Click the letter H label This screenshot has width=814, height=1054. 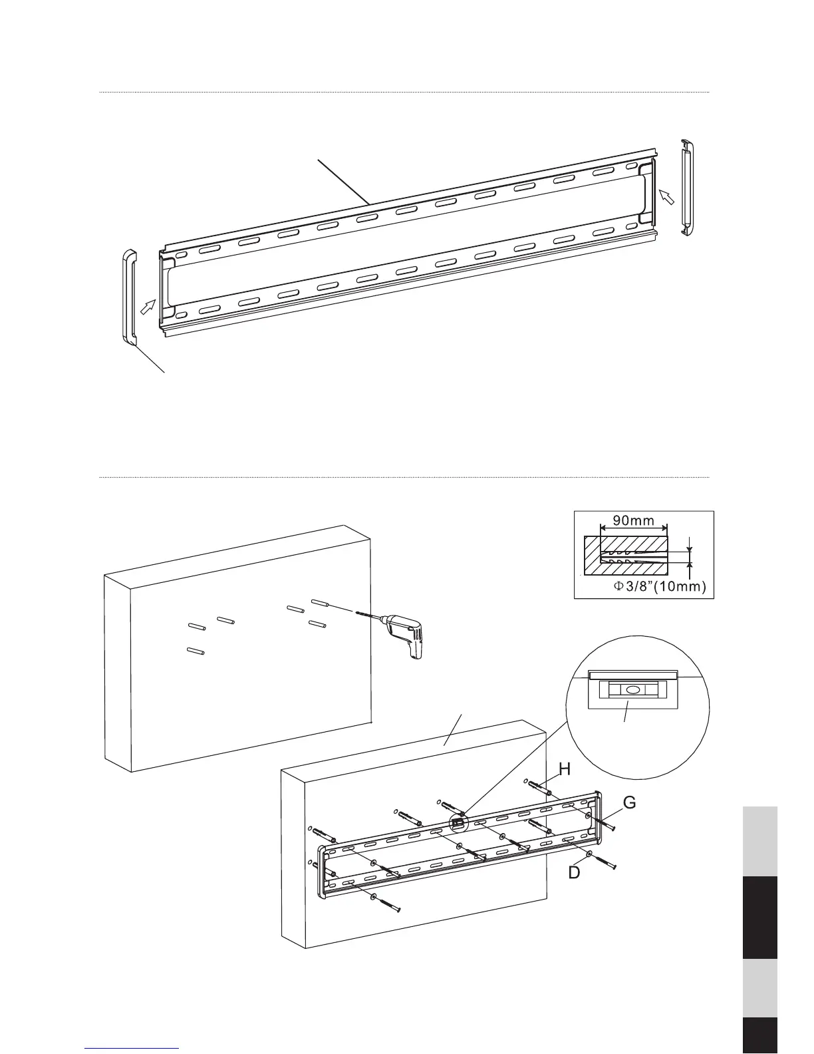pos(565,769)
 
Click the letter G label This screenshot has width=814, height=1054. pos(629,803)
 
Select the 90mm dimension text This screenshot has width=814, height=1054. pos(633,520)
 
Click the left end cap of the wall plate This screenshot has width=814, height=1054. pos(129,297)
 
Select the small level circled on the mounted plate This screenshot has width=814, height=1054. pos(457,822)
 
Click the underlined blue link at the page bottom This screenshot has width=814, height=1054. pos(132,1048)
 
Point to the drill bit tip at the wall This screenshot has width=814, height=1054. pos(360,614)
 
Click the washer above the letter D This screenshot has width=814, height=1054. pos(591,854)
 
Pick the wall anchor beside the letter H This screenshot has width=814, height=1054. pos(538,788)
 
